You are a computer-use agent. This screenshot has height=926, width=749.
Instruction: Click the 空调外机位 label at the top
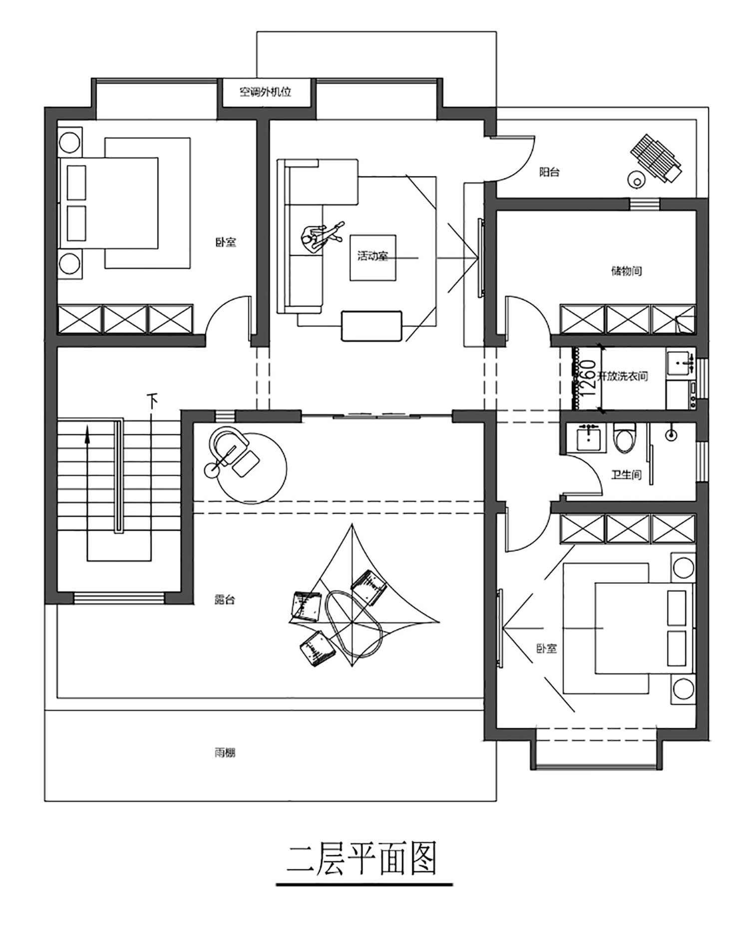click(265, 92)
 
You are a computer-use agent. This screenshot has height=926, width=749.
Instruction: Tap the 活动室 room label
click(373, 256)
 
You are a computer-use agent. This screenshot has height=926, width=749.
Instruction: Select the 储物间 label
click(627, 271)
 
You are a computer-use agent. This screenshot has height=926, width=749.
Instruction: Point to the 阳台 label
click(549, 172)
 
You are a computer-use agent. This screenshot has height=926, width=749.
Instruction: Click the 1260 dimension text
click(589, 378)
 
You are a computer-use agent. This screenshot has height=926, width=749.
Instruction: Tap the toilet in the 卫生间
click(625, 438)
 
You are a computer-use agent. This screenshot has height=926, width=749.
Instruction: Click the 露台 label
click(225, 600)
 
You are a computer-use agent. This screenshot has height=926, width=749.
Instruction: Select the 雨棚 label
click(225, 752)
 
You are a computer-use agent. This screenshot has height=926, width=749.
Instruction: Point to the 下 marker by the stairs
click(152, 400)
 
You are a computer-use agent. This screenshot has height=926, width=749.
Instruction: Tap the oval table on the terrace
click(354, 624)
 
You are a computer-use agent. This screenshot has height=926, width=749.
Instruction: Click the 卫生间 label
click(626, 474)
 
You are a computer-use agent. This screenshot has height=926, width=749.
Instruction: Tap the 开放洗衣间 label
click(623, 376)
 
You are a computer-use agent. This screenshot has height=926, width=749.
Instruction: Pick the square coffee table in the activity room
click(373, 258)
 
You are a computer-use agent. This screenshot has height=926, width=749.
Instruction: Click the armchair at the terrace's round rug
click(230, 444)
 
